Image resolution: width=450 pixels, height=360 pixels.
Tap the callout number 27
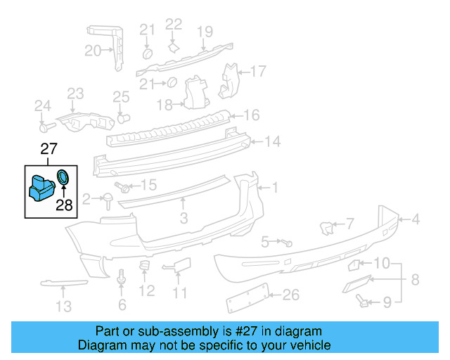tap(48, 149)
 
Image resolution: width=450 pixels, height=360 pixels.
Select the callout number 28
tap(64, 205)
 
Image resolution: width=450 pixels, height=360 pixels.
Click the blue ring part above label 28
tap(63, 177)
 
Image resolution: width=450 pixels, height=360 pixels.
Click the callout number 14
tap(271, 142)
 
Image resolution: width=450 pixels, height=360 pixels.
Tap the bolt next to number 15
tap(126, 187)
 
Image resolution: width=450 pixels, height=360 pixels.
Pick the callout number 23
tap(75, 94)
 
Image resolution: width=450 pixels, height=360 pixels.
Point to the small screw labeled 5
tap(288, 242)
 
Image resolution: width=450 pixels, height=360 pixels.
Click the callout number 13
tap(63, 306)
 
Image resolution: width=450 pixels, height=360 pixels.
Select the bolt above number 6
tap(122, 278)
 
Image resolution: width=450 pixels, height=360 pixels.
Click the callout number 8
tap(414, 280)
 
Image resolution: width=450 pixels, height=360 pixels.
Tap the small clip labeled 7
tap(327, 227)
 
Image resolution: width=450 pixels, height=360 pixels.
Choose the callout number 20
tap(93, 50)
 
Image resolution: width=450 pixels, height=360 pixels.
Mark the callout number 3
tap(183, 219)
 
